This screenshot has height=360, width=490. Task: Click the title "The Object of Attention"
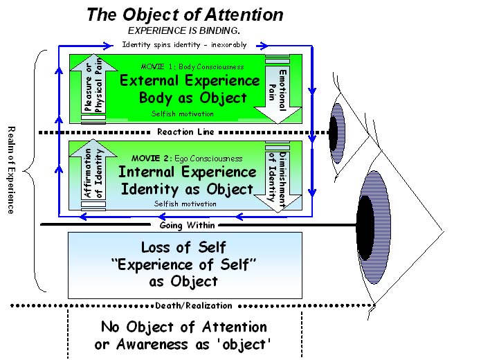click(185, 14)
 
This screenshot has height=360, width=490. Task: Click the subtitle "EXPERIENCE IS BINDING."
click(184, 30)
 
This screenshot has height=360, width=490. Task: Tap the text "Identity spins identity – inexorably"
click(184, 45)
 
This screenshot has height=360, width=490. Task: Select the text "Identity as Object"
click(185, 188)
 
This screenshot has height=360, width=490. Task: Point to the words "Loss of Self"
click(184, 247)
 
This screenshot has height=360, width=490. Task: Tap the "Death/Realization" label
click(184, 305)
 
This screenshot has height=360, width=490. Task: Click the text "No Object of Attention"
click(184, 327)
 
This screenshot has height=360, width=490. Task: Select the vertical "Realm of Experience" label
click(10, 170)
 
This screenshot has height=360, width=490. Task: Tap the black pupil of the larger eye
click(365, 228)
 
